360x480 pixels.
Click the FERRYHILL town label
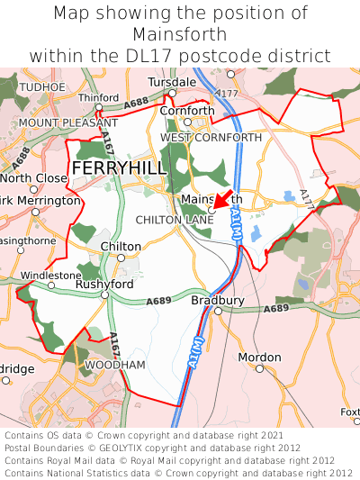click(119, 168)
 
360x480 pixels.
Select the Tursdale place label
click(171, 82)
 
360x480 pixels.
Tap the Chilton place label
click(121, 246)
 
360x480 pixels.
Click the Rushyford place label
click(104, 284)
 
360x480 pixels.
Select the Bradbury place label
click(218, 300)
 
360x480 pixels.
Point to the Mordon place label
click(260, 357)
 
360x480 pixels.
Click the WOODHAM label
click(114, 365)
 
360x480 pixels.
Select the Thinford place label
click(99, 97)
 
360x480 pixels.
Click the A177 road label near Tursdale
click(228, 93)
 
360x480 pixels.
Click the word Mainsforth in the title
click(180, 34)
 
